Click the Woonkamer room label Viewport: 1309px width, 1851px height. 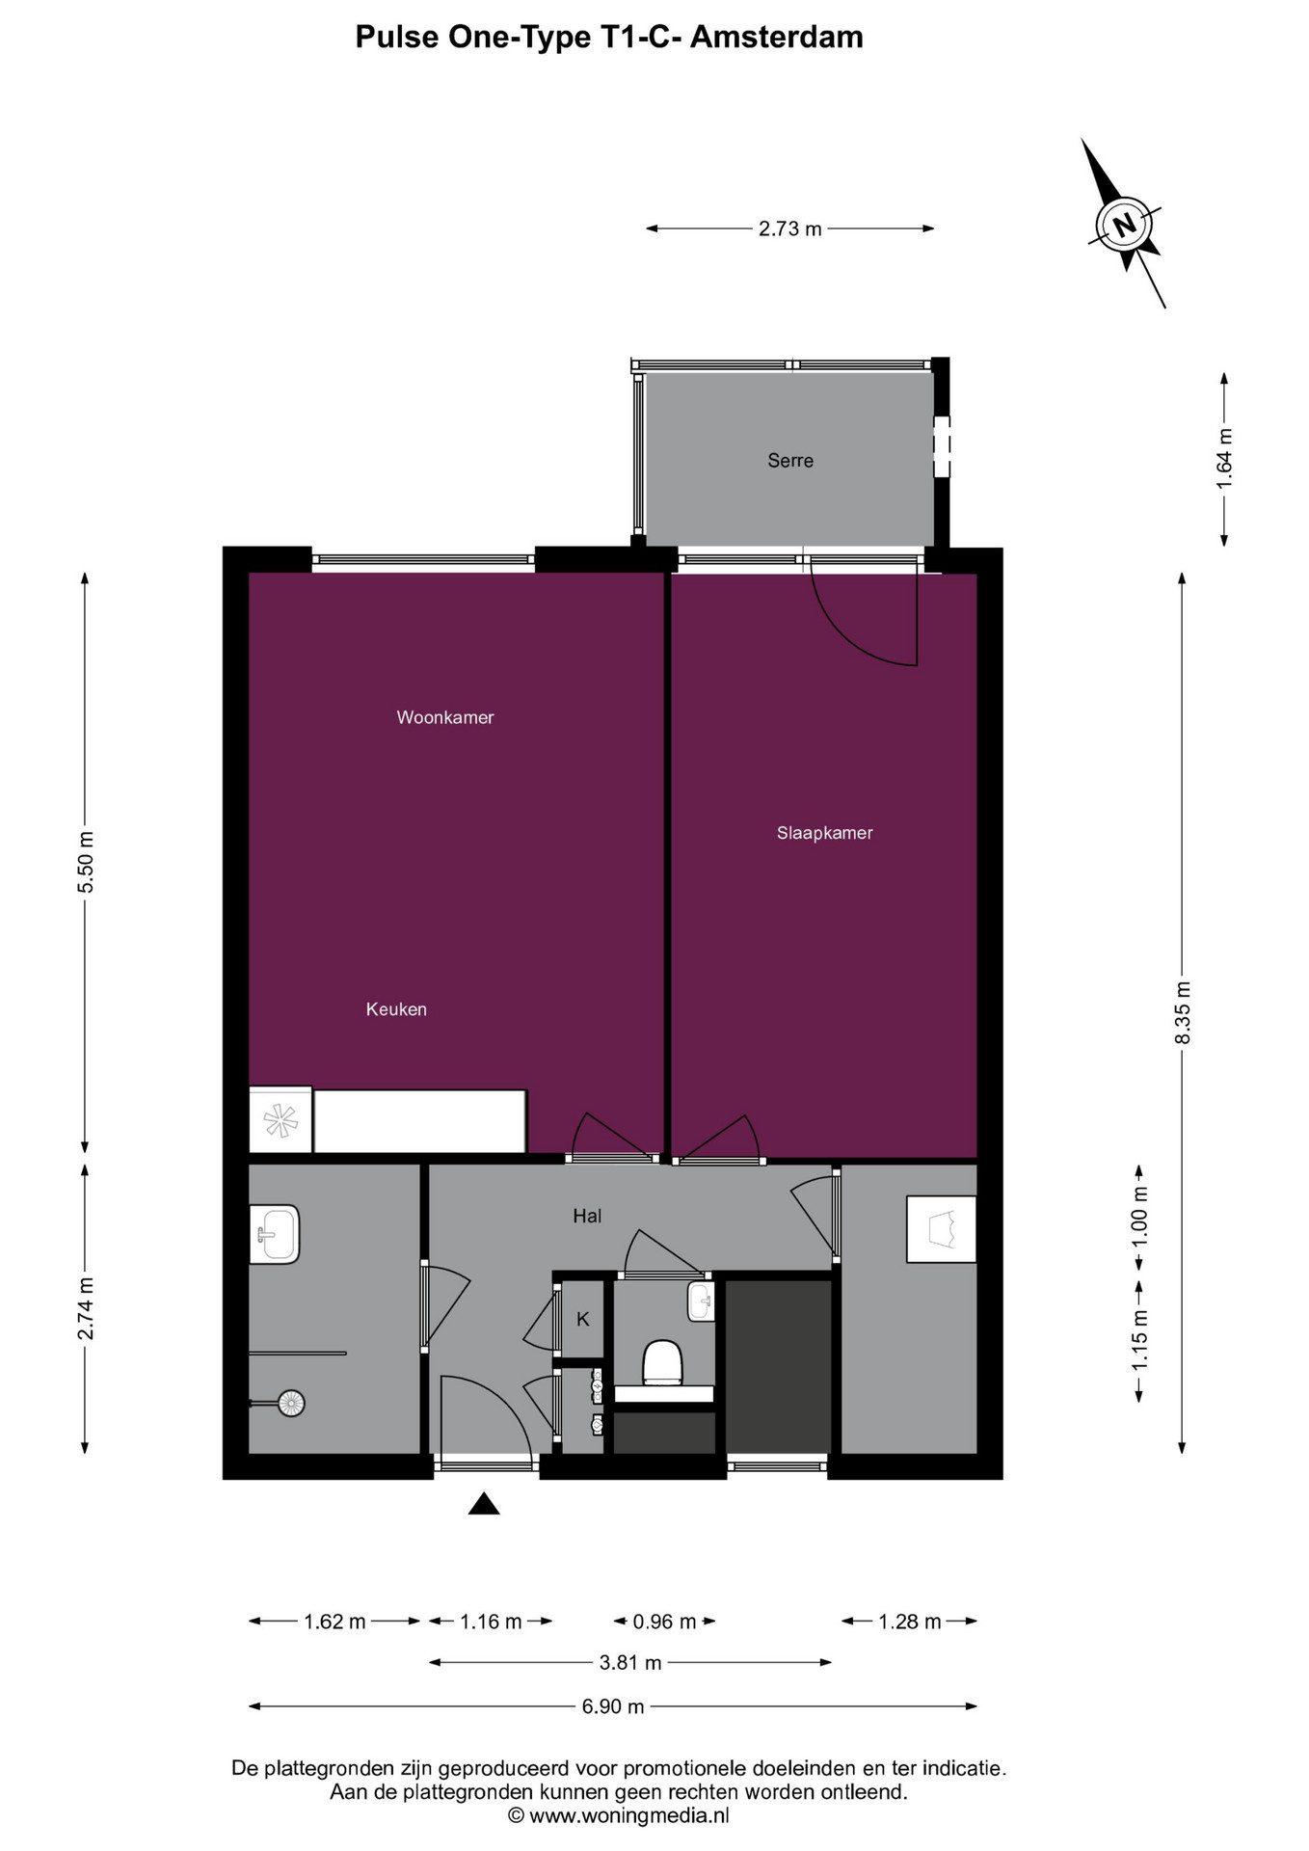tap(445, 717)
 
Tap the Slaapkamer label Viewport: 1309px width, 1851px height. tap(825, 833)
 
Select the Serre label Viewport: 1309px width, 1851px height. tap(790, 461)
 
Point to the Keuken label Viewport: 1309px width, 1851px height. tap(396, 1009)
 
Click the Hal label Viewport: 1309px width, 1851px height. tap(587, 1216)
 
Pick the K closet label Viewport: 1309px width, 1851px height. tap(583, 1320)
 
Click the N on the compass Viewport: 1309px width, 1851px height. tap(1124, 226)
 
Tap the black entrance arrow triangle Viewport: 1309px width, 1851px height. tap(484, 1504)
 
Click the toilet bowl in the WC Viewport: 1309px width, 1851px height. tap(663, 1362)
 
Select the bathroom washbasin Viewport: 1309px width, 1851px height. tap(275, 1234)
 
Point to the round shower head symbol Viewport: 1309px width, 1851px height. tap(291, 1403)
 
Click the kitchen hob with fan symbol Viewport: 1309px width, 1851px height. tap(280, 1120)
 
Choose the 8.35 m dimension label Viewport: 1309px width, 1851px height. tap(1184, 1013)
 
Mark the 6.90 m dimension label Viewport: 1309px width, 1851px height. tap(613, 1706)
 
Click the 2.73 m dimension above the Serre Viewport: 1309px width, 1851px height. tap(790, 228)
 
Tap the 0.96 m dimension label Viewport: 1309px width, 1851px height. tap(664, 1622)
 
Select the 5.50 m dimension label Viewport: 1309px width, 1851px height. tap(86, 861)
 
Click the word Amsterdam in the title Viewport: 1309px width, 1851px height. tap(777, 37)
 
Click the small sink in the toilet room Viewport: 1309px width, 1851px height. tap(701, 1301)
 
